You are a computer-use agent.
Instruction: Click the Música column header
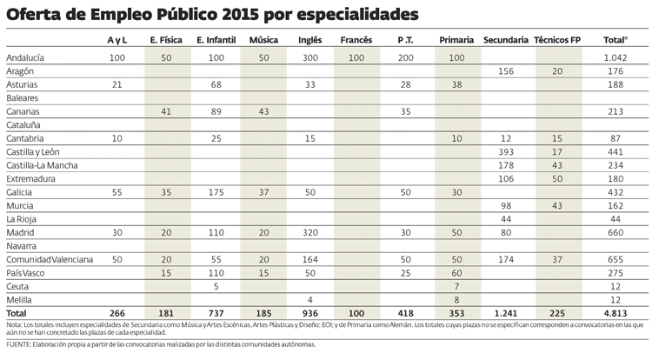pyautogui.click(x=263, y=41)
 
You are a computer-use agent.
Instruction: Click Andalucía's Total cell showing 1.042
pyautogui.click(x=615, y=56)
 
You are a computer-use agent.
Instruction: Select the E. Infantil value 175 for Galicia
pyautogui.click(x=213, y=191)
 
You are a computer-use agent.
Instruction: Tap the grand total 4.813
pyautogui.click(x=615, y=312)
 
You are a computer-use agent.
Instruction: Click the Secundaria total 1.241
pyautogui.click(x=505, y=312)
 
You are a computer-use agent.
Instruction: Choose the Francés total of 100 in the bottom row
pyautogui.click(x=357, y=312)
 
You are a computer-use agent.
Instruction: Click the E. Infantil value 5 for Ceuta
pyautogui.click(x=213, y=286)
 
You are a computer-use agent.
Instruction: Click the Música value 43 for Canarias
pyautogui.click(x=263, y=111)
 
